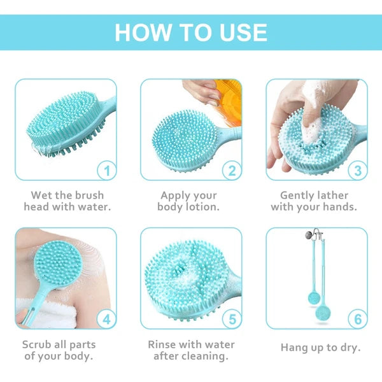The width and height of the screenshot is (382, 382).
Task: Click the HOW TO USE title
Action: pos(191,31)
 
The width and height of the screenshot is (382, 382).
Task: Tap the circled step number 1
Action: pos(107,170)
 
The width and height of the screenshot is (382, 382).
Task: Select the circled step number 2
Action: pos(232,170)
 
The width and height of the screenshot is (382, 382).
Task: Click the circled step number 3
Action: pos(358,170)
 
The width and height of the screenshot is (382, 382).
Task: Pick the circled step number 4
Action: pos(107,318)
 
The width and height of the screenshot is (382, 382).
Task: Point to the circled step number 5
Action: pos(232,318)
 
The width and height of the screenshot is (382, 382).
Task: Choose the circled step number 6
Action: pos(358,318)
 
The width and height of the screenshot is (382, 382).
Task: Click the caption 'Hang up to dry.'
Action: pos(320,348)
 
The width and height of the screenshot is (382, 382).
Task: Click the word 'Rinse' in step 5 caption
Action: pos(162,344)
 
